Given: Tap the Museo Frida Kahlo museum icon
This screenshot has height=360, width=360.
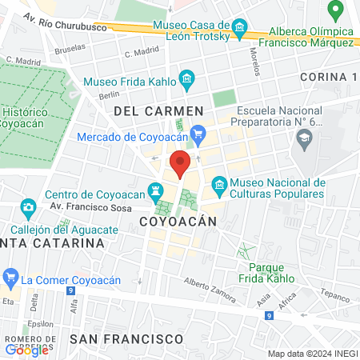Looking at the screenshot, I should [x=187, y=78].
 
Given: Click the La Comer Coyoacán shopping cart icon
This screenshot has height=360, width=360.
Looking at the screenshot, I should [x=10, y=279].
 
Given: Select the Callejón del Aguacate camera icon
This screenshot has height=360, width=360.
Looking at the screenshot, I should [x=28, y=208].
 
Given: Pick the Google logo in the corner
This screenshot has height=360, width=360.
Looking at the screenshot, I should [x=26, y=350].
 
